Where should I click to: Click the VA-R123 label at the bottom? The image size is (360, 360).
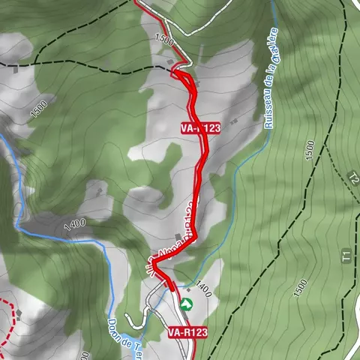(187, 331)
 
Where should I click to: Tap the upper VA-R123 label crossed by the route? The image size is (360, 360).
(200, 128)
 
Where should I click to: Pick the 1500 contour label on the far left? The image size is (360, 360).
(38, 109)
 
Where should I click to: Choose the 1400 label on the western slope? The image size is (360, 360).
(76, 223)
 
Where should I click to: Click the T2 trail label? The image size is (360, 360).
(352, 178)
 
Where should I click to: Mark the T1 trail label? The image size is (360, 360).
(346, 256)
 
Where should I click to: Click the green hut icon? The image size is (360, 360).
(186, 303)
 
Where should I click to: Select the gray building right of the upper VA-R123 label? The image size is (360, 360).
(234, 121)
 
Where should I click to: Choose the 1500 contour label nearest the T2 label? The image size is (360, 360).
(310, 154)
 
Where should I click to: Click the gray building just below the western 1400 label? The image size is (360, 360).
(70, 234)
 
